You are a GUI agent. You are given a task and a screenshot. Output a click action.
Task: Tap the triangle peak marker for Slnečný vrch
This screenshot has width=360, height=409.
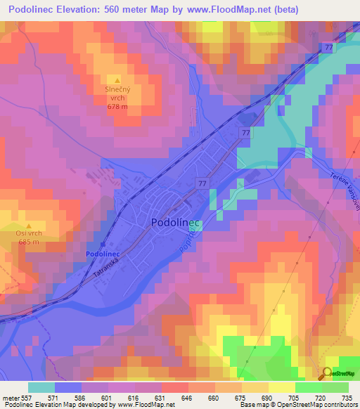point(117,79)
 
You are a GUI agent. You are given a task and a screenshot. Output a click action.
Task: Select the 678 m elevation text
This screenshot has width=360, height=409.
point(117,106)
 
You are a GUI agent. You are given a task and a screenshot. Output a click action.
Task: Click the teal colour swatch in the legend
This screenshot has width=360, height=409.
point(41,387)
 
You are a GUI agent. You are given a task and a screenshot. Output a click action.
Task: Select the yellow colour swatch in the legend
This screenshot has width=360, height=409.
point(282,387)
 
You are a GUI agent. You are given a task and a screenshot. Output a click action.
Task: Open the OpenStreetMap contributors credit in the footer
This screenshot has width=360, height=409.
point(314,405)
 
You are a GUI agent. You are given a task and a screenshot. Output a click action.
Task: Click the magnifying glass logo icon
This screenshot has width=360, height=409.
point(328,373)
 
